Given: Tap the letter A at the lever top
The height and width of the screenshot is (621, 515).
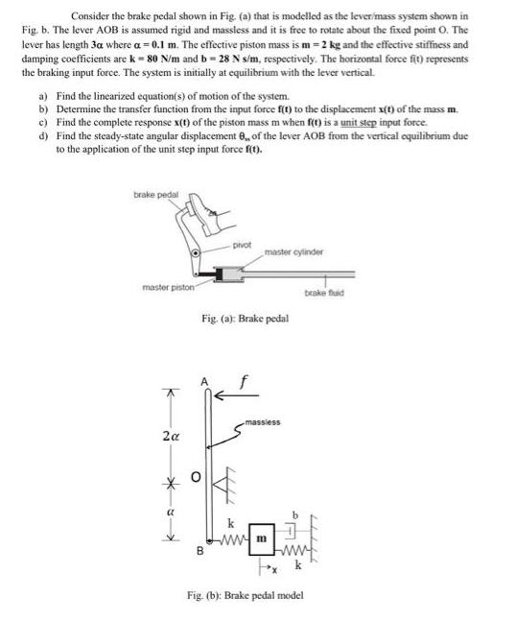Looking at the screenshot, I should (203, 382).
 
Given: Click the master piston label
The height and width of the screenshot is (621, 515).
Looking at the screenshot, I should (170, 286).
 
